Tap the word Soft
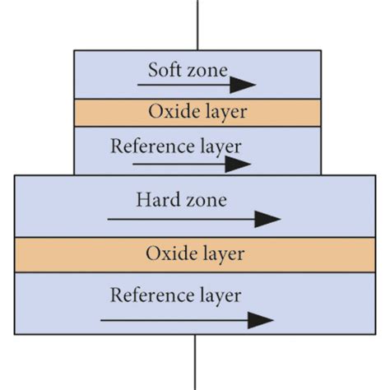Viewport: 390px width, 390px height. [163, 69]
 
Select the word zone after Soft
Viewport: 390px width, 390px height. [206, 69]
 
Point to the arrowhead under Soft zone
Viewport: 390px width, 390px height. [244, 85]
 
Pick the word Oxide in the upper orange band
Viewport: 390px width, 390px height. [169, 112]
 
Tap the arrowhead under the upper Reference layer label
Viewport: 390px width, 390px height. [239, 163]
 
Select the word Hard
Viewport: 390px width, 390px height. [157, 199]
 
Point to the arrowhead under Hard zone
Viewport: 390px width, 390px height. [268, 219]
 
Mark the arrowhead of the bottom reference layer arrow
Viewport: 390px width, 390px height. [262, 320]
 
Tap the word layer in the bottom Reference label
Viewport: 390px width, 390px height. [220, 295]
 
